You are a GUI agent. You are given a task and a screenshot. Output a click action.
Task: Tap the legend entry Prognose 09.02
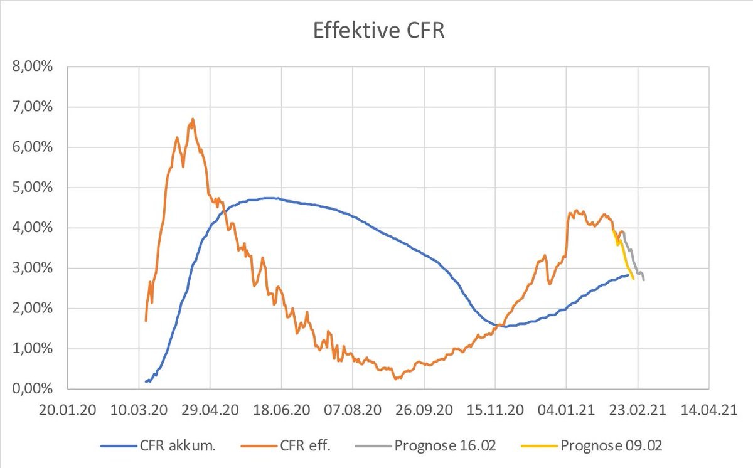coord(592,446)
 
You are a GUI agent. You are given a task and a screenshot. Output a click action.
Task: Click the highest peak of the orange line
coord(193,119)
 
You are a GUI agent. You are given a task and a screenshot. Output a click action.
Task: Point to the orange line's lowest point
coord(396,379)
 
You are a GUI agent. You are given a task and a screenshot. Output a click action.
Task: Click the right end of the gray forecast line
coord(644,280)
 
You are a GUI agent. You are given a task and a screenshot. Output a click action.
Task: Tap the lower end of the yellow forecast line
coord(633,279)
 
